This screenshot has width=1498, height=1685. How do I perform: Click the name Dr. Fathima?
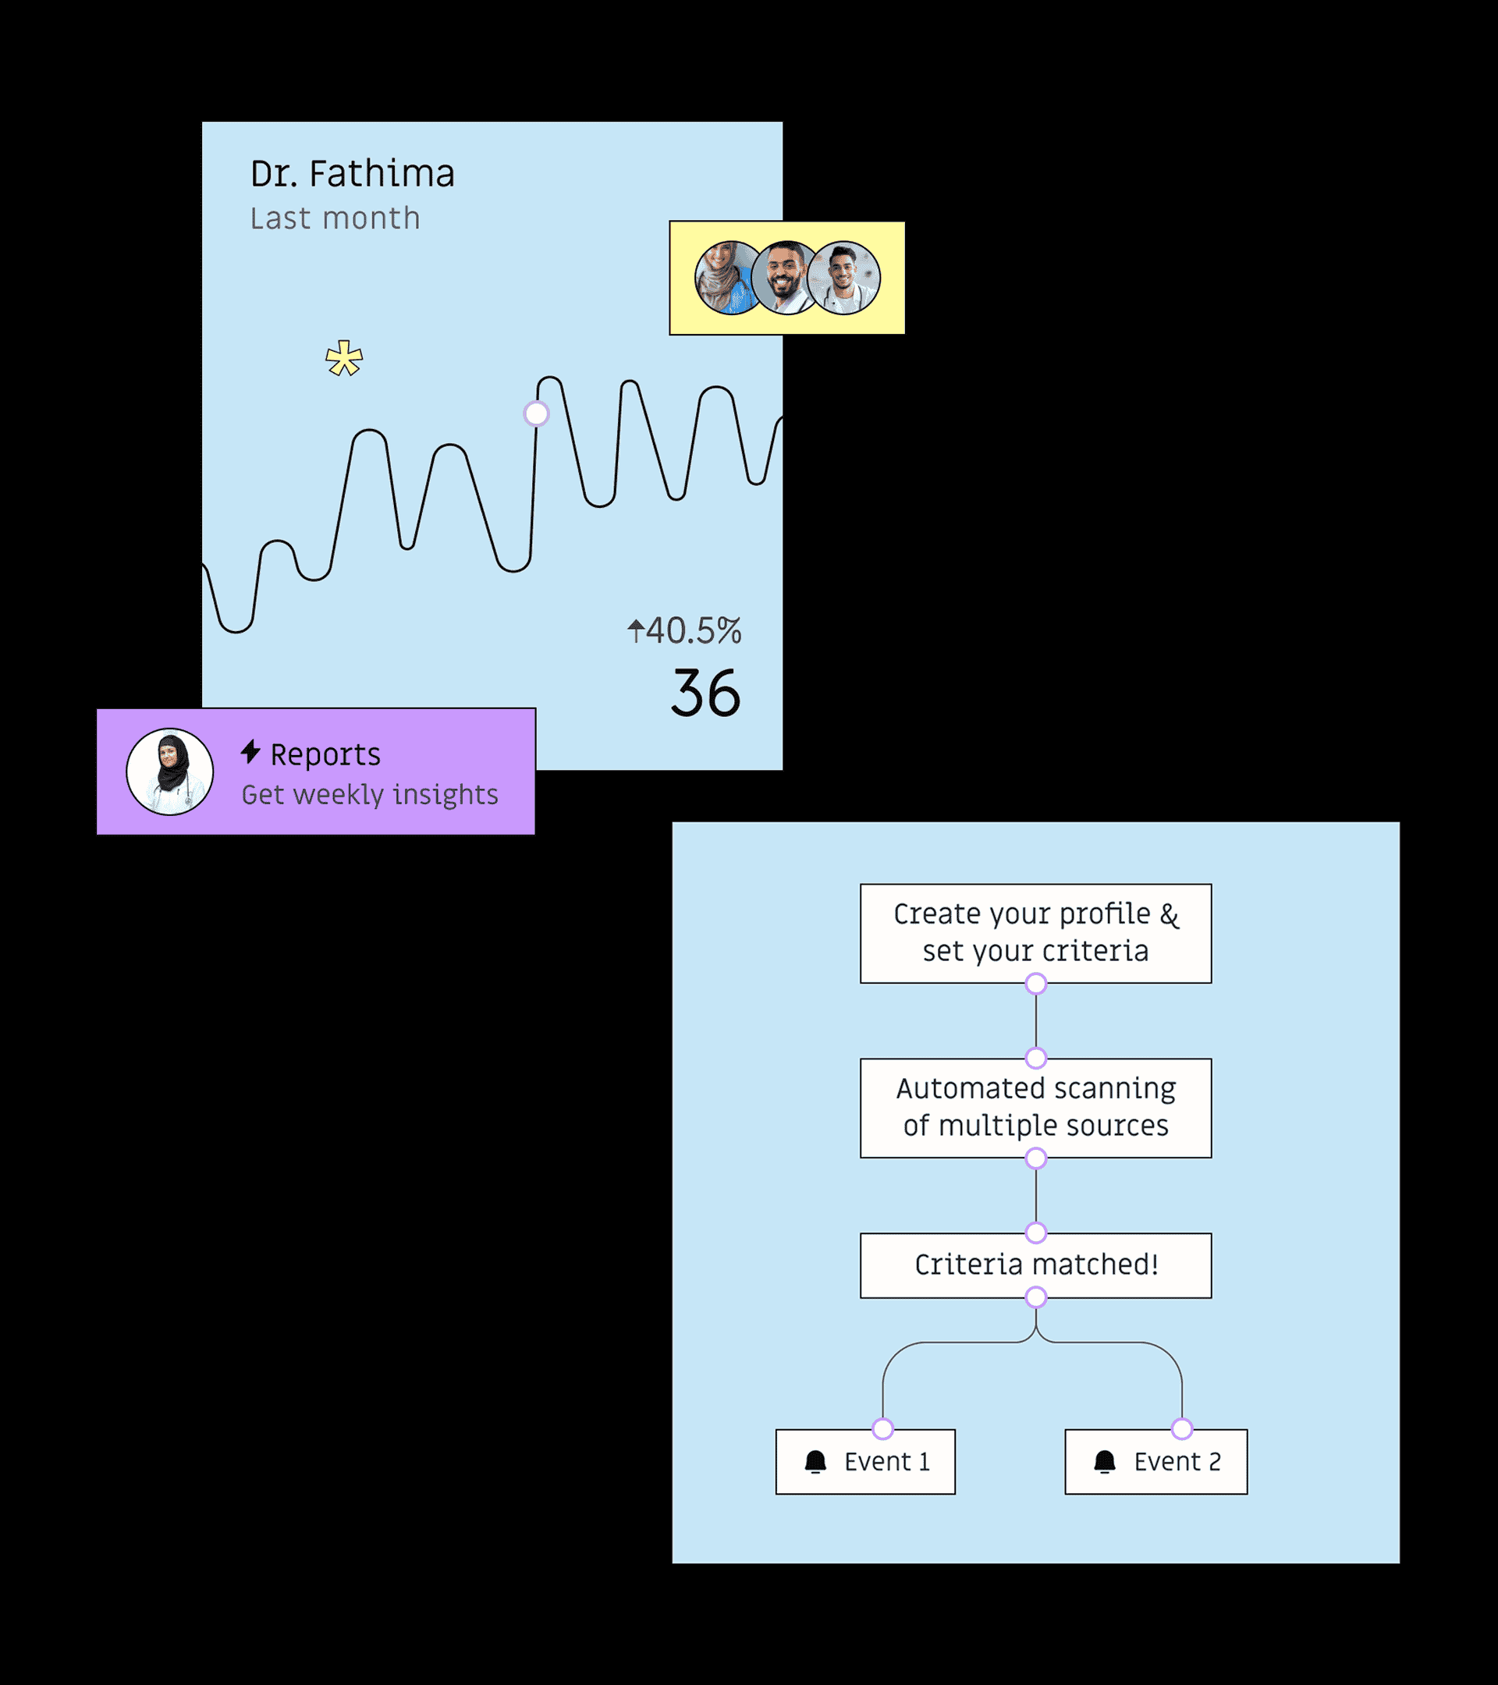point(352,174)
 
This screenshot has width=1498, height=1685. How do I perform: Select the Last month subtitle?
point(335,218)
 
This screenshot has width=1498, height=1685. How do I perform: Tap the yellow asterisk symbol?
point(344,359)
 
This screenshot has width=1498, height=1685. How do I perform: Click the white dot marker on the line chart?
point(536,413)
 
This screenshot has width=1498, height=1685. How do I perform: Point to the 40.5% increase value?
point(685,630)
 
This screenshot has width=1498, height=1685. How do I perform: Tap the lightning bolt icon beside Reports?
point(250,752)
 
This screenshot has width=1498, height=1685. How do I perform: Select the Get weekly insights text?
point(369,795)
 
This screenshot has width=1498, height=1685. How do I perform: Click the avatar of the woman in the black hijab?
point(170,772)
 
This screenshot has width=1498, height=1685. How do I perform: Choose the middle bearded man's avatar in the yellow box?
point(785,278)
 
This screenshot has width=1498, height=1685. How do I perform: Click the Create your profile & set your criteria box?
point(1035,932)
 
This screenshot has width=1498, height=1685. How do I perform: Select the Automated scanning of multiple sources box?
point(1035,1107)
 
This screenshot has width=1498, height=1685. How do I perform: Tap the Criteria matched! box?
point(1035,1265)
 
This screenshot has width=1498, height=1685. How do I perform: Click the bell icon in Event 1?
point(815,1462)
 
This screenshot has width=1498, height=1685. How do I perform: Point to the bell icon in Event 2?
point(1105,1462)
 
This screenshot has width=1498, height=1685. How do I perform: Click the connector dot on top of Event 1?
point(883,1428)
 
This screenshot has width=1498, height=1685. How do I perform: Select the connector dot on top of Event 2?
point(1181,1428)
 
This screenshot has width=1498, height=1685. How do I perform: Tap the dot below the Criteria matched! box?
point(1035,1297)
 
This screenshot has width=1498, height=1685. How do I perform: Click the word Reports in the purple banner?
point(325,754)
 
